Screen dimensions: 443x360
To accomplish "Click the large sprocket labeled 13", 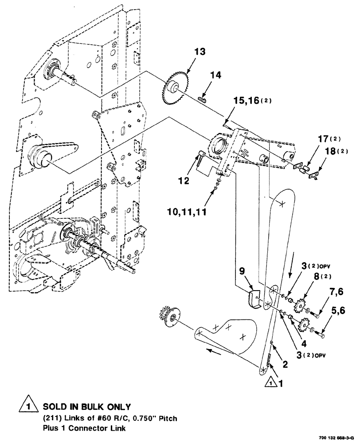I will pos(175,90).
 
